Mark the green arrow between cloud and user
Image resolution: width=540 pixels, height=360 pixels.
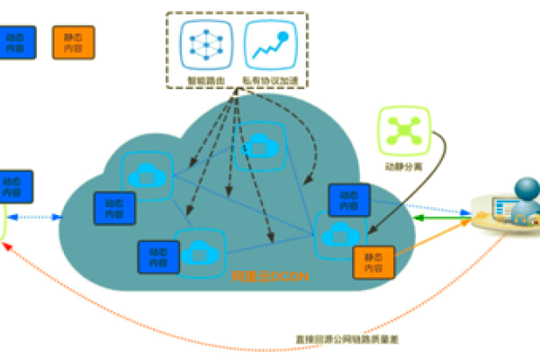click(441, 219)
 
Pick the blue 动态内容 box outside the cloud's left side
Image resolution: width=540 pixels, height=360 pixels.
click(16, 185)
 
